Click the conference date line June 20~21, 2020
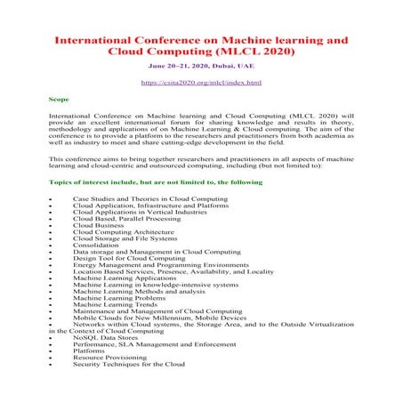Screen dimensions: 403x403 201,66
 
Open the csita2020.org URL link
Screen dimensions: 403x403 201,82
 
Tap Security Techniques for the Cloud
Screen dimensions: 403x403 128,364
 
